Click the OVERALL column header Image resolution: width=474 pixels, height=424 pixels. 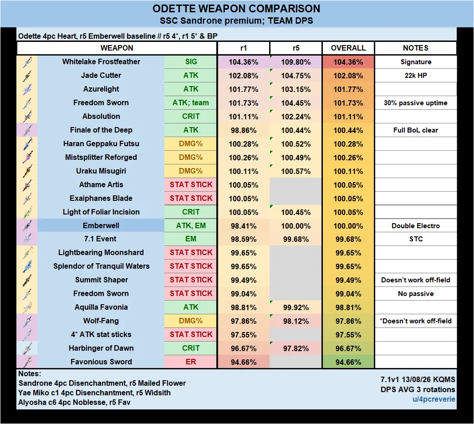[x=348, y=48]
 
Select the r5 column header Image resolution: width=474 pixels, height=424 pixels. [x=296, y=48]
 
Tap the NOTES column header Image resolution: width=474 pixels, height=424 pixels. [x=416, y=48]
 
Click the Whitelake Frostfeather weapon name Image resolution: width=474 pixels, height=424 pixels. [x=101, y=61]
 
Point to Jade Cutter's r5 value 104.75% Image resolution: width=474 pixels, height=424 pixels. [x=296, y=76]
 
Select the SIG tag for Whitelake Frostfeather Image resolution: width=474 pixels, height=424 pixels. [x=191, y=61]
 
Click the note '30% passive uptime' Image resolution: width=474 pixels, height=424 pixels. [x=416, y=103]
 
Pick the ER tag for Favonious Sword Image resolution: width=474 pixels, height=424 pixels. [x=191, y=362]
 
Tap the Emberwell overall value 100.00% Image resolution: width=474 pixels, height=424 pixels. [x=348, y=226]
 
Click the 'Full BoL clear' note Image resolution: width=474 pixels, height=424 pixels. [x=416, y=130]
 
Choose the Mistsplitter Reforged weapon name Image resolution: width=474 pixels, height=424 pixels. [x=101, y=157]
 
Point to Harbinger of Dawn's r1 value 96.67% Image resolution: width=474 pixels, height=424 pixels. [x=244, y=348]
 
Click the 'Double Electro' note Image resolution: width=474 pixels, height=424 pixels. [x=416, y=226]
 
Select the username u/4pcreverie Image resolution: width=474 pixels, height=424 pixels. [x=434, y=399]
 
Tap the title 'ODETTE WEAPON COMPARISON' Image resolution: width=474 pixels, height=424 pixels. [x=236, y=9]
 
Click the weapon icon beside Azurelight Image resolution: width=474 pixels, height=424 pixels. [x=27, y=89]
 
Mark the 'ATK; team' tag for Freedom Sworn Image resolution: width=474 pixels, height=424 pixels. [x=191, y=103]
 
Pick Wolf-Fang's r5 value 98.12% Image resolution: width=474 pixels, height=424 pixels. [x=296, y=321]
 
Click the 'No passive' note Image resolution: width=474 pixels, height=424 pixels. [x=416, y=294]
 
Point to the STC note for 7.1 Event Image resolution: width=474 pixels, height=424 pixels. [x=416, y=239]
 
